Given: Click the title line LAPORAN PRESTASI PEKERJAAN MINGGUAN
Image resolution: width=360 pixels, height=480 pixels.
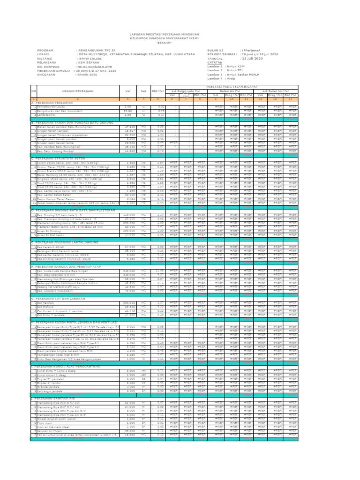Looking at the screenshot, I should point(164,35).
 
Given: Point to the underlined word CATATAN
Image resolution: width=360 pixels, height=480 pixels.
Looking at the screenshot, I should point(215,62).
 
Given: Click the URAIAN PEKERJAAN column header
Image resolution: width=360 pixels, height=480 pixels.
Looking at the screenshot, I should point(78,91).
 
